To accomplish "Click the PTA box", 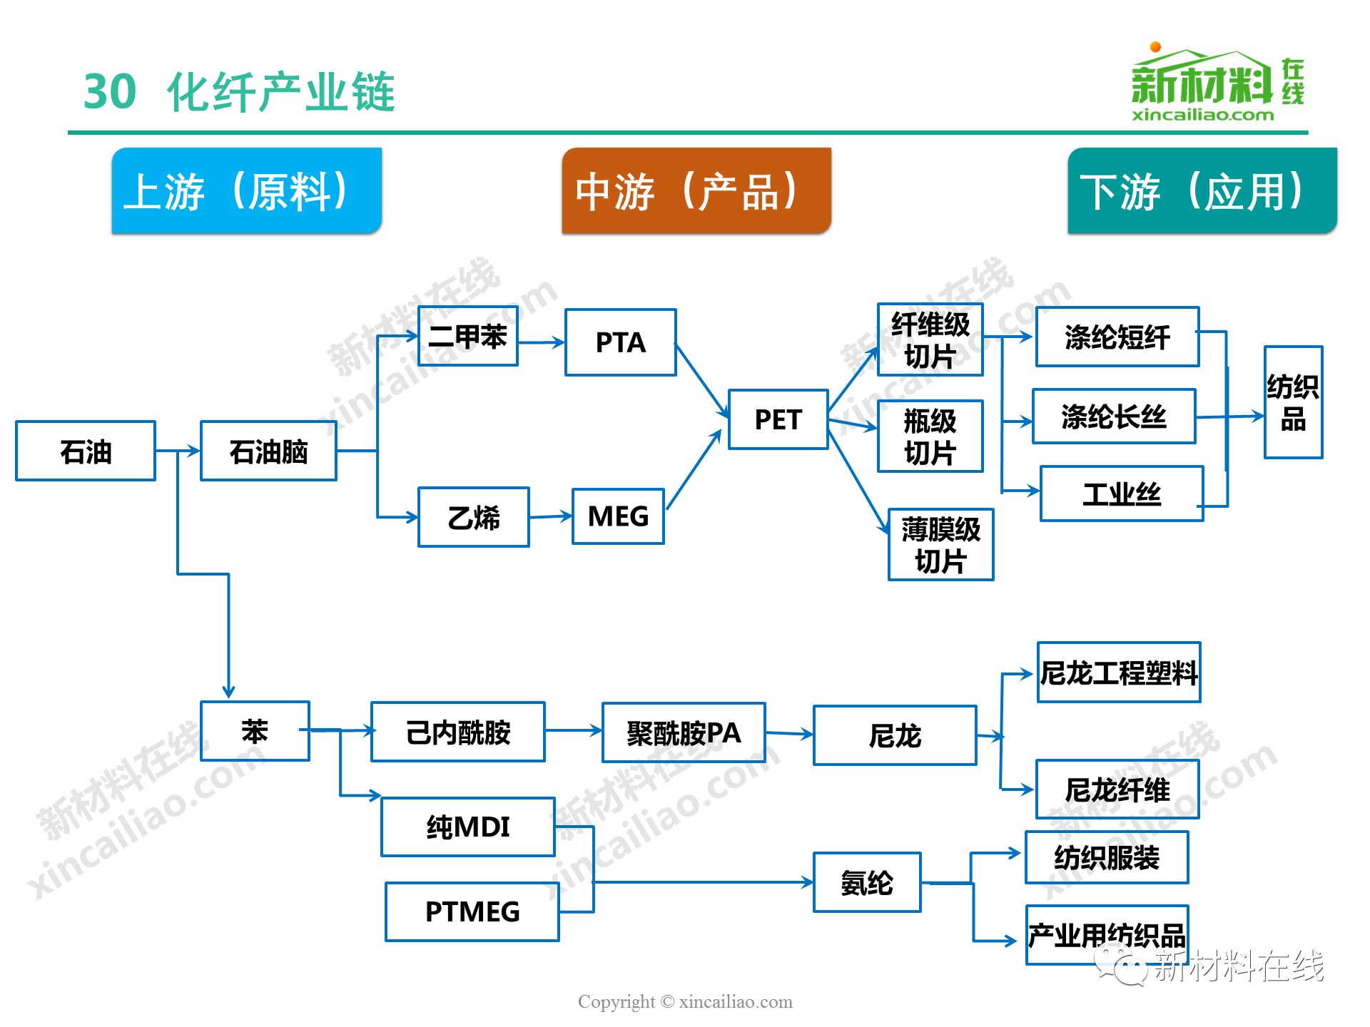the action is pos(620,342).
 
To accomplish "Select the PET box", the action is pos(778,419).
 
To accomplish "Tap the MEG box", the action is pos(618,516).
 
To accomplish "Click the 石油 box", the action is pos(86,451).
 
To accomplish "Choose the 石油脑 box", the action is pos(268,451).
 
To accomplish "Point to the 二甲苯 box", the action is pos(467,336).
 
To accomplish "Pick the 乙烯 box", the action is pos(474,517).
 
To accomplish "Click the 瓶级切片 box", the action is pos(930,436).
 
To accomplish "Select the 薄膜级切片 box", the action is pos(940,545).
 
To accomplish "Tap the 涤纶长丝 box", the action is pos(1114,417).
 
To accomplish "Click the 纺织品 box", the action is pos(1293,402).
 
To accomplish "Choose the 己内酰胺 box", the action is pos(458,732).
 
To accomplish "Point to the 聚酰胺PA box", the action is pos(684,732).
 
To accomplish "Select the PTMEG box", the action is pos(472,911).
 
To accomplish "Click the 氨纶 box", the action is pos(867,882).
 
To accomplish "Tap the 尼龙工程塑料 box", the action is pos(1119,673).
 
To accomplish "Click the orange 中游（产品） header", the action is pos(696,190).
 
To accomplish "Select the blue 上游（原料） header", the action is pos(247,190).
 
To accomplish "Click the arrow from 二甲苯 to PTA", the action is pos(541,342).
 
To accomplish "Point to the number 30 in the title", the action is pos(110,91).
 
